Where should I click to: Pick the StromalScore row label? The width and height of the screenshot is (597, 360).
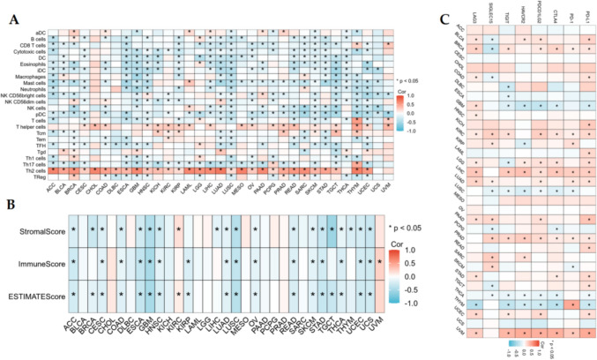41,230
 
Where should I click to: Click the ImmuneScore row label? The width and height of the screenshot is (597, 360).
41,262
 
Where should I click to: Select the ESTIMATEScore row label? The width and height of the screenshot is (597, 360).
37,293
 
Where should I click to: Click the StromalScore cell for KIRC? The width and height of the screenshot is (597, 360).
177,230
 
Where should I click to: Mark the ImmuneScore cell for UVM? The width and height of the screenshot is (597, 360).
380,262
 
